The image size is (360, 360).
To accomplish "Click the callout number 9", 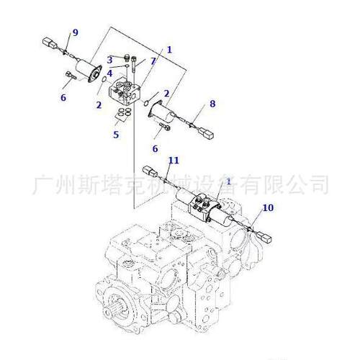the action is [76, 32].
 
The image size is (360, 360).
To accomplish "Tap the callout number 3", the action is [109, 60].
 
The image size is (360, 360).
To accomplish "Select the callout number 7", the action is [153, 61].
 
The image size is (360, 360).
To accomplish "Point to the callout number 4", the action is [109, 73].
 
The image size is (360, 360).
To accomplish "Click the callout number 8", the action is [212, 104].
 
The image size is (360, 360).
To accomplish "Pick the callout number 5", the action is [116, 135].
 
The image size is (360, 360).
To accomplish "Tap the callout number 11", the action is [174, 161].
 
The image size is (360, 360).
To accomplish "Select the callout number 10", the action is [268, 207].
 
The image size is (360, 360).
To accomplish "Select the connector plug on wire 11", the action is [150, 171].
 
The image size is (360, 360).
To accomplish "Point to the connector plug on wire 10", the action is [264, 237].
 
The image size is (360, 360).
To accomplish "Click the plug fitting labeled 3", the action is [127, 58].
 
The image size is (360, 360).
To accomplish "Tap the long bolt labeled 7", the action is [134, 64].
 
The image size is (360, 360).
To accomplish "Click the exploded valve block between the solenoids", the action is [124, 90].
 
